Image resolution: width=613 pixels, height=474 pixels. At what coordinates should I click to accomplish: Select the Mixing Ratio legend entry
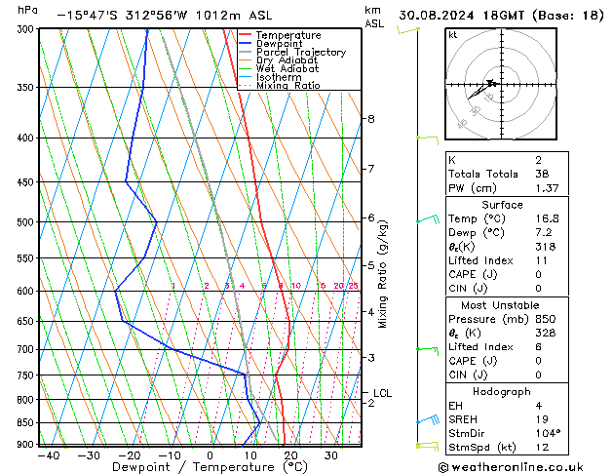tap(288, 86)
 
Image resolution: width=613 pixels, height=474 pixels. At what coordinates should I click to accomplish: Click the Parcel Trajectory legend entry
tap(301, 53)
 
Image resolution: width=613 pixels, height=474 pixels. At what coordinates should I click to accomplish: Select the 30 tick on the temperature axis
tap(331, 455)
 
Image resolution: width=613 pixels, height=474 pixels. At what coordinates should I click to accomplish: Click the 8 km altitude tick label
tap(370, 119)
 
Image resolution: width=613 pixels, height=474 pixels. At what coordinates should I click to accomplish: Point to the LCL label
tap(382, 393)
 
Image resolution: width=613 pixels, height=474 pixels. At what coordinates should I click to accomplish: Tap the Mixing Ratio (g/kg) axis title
tap(383, 274)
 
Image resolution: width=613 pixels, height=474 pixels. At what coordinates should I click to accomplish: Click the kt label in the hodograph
tap(452, 34)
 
